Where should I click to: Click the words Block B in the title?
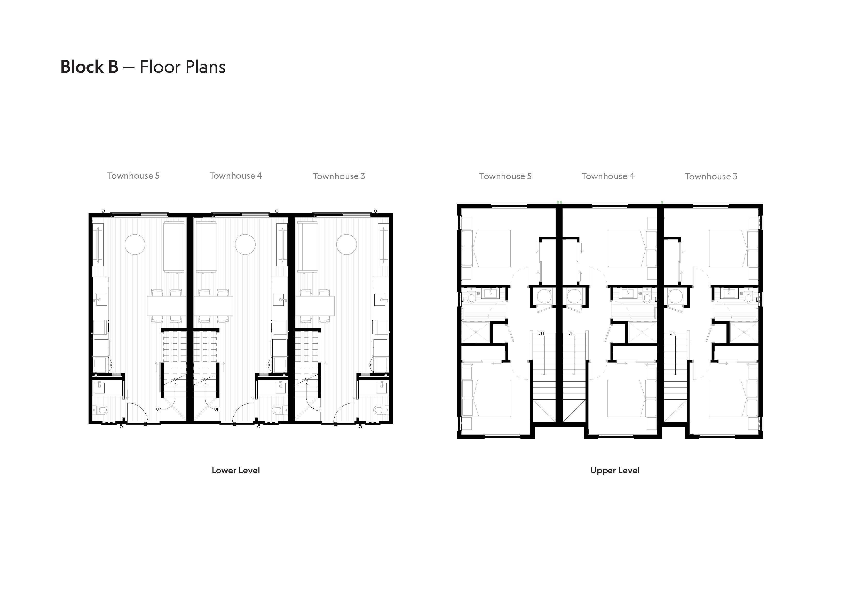(x=89, y=67)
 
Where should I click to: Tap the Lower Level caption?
(x=236, y=470)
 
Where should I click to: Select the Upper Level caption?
(x=615, y=471)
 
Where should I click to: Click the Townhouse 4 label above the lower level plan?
(x=236, y=176)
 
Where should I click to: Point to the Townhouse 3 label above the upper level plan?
(x=711, y=177)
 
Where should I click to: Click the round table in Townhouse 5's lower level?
(x=135, y=244)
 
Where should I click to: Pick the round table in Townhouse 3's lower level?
(x=346, y=244)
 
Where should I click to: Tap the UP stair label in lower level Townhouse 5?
(x=159, y=409)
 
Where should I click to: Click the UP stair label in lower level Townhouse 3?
(x=318, y=409)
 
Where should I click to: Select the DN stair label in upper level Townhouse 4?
(x=571, y=333)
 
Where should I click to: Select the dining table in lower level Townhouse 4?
(x=213, y=306)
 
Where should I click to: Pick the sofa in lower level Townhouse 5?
(x=174, y=247)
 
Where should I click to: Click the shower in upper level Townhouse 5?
(x=476, y=333)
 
